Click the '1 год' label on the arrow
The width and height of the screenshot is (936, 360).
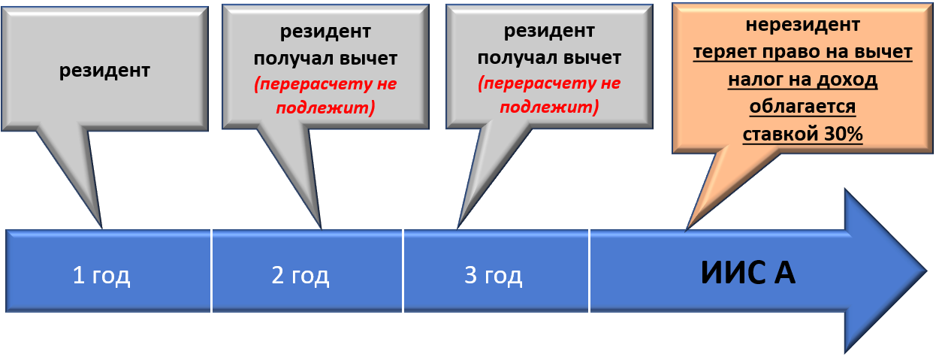point(101,276)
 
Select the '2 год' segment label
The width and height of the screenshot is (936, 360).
point(300,276)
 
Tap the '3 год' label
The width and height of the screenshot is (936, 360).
point(494,276)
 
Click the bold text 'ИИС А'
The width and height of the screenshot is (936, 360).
point(748,273)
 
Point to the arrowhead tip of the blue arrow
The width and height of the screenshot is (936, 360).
point(927,271)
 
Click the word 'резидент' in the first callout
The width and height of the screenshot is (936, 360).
point(104,70)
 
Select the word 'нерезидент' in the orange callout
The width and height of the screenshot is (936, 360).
point(803,25)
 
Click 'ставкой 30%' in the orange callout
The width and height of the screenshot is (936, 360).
point(803,135)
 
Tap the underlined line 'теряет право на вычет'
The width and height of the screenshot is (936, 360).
point(803,53)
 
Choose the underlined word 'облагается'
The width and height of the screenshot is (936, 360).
point(803,107)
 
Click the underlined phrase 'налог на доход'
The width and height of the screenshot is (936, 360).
point(803,80)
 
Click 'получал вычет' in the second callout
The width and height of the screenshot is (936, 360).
point(325,59)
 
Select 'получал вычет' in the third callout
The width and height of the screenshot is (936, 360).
point(549,58)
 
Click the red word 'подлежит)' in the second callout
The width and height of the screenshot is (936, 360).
point(325,108)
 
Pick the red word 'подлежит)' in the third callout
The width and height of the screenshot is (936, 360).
point(549,107)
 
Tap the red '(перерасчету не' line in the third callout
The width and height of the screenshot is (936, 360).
point(549,83)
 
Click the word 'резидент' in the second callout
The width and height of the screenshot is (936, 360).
point(325,32)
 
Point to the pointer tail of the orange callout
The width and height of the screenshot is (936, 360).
point(687,229)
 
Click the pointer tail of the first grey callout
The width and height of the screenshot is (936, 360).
point(101,228)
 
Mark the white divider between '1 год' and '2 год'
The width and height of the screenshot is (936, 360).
point(211,271)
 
